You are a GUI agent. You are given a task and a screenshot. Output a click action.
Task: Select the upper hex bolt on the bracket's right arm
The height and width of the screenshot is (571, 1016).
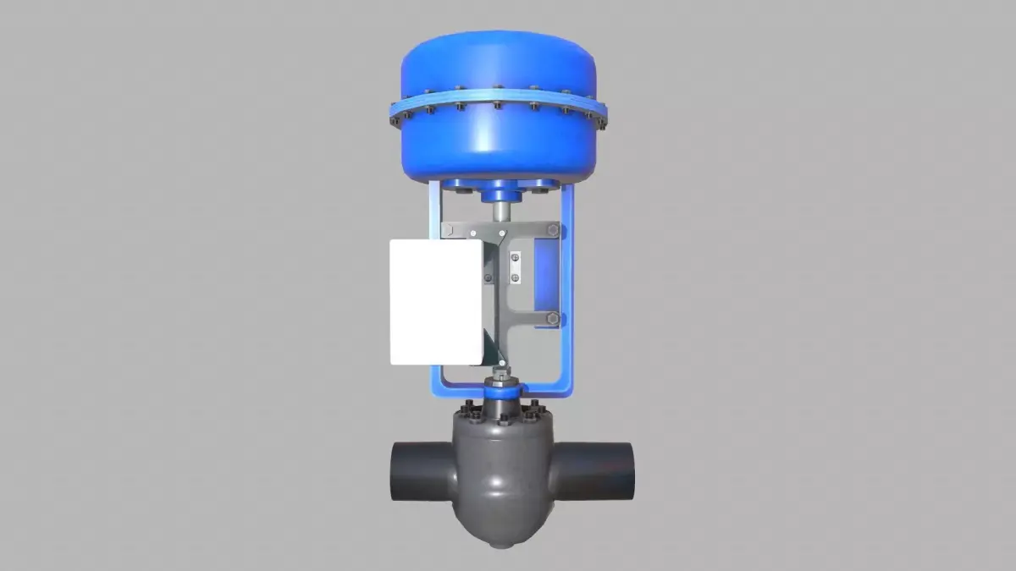pos(552,230)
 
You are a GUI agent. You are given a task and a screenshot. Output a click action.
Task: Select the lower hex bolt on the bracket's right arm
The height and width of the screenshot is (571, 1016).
pos(552,318)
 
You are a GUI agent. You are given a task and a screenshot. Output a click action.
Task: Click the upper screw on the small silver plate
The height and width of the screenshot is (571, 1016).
pos(515,256)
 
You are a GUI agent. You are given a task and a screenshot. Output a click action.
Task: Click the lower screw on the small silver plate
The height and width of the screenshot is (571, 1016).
pos(515,275)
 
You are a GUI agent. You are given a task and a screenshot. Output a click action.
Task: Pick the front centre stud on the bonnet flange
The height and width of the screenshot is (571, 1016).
pos(504,418)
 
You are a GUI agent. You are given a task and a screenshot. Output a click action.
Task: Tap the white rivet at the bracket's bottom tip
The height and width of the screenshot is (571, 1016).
pos(502,364)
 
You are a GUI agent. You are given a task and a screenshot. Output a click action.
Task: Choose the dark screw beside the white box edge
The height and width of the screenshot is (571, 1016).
pos(487,276)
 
